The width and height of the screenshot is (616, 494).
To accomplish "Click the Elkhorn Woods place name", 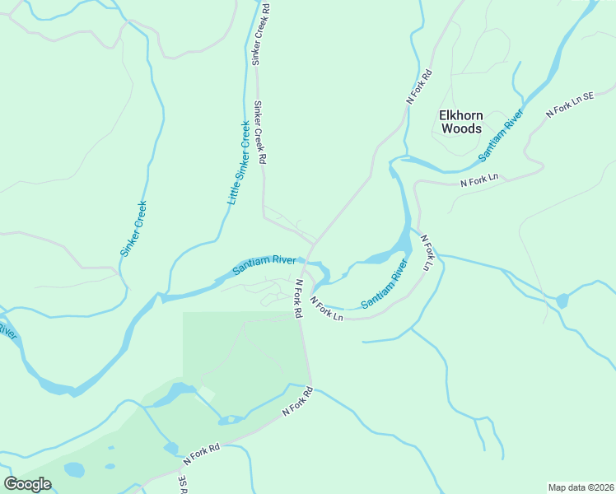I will (461, 122).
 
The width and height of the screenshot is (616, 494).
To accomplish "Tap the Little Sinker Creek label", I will (238, 164).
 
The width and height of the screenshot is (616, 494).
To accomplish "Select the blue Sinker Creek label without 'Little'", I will (133, 229).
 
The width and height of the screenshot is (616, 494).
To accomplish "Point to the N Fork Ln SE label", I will (571, 104).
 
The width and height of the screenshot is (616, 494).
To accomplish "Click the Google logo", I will (27, 484).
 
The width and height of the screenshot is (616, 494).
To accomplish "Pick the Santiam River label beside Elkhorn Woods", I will (502, 134).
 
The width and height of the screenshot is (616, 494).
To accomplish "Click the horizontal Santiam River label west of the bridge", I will (264, 264).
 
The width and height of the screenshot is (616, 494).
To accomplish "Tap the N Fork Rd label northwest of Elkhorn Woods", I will (419, 86).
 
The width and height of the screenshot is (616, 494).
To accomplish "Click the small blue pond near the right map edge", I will (562, 301).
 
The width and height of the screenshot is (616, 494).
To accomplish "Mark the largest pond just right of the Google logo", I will (74, 470).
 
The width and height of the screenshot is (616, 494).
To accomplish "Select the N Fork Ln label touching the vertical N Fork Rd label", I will (325, 309).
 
